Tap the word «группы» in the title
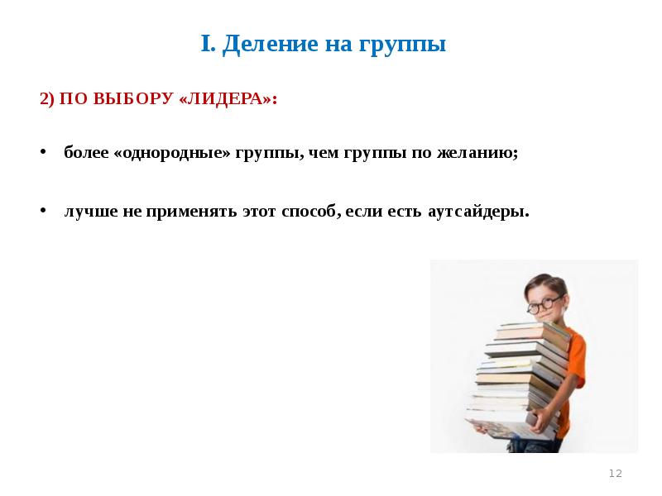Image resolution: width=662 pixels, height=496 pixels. click(402, 45)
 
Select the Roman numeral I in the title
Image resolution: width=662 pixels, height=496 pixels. click(207, 44)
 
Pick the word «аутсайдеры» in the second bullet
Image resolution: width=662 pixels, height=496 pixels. click(478, 211)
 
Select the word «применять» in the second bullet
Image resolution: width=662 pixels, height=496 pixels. click(191, 211)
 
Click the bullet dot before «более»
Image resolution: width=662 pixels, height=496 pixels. click(43, 154)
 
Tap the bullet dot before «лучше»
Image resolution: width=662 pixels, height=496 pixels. click(43, 211)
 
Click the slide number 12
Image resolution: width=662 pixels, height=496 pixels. click(615, 473)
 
